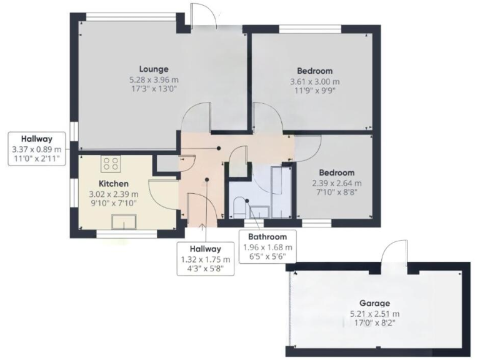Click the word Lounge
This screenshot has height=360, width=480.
click(154, 69)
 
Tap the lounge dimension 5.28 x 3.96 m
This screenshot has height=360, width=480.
click(154, 80)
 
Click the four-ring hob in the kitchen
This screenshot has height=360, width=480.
click(111, 164)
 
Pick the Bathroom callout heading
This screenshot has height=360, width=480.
click(267, 237)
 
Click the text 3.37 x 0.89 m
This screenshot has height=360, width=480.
click(36, 149)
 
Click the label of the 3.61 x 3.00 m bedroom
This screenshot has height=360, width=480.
click(314, 71)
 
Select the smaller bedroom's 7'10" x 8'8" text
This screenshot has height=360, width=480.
click(337, 194)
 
